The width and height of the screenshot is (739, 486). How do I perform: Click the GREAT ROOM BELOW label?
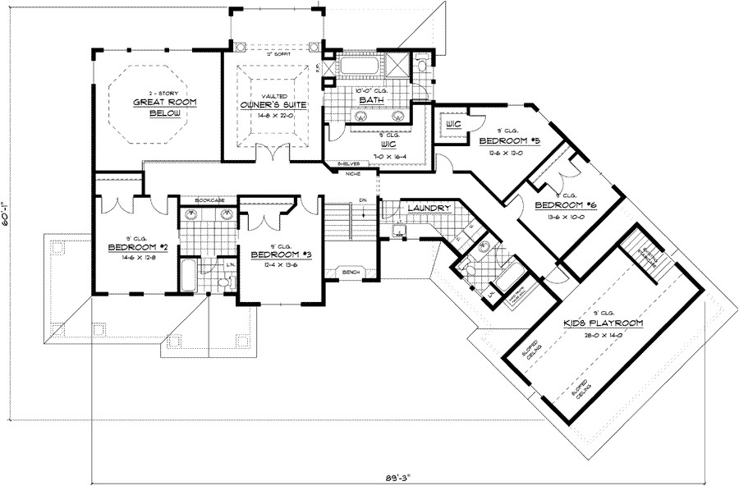[160, 108]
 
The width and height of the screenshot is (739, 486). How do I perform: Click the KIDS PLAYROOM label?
[602, 324]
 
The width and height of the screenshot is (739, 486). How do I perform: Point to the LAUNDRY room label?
[427, 209]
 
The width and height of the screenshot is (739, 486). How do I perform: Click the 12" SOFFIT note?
[273, 55]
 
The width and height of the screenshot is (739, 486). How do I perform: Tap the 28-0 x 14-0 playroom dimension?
[602, 335]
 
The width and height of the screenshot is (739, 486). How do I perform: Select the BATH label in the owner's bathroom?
[367, 100]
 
